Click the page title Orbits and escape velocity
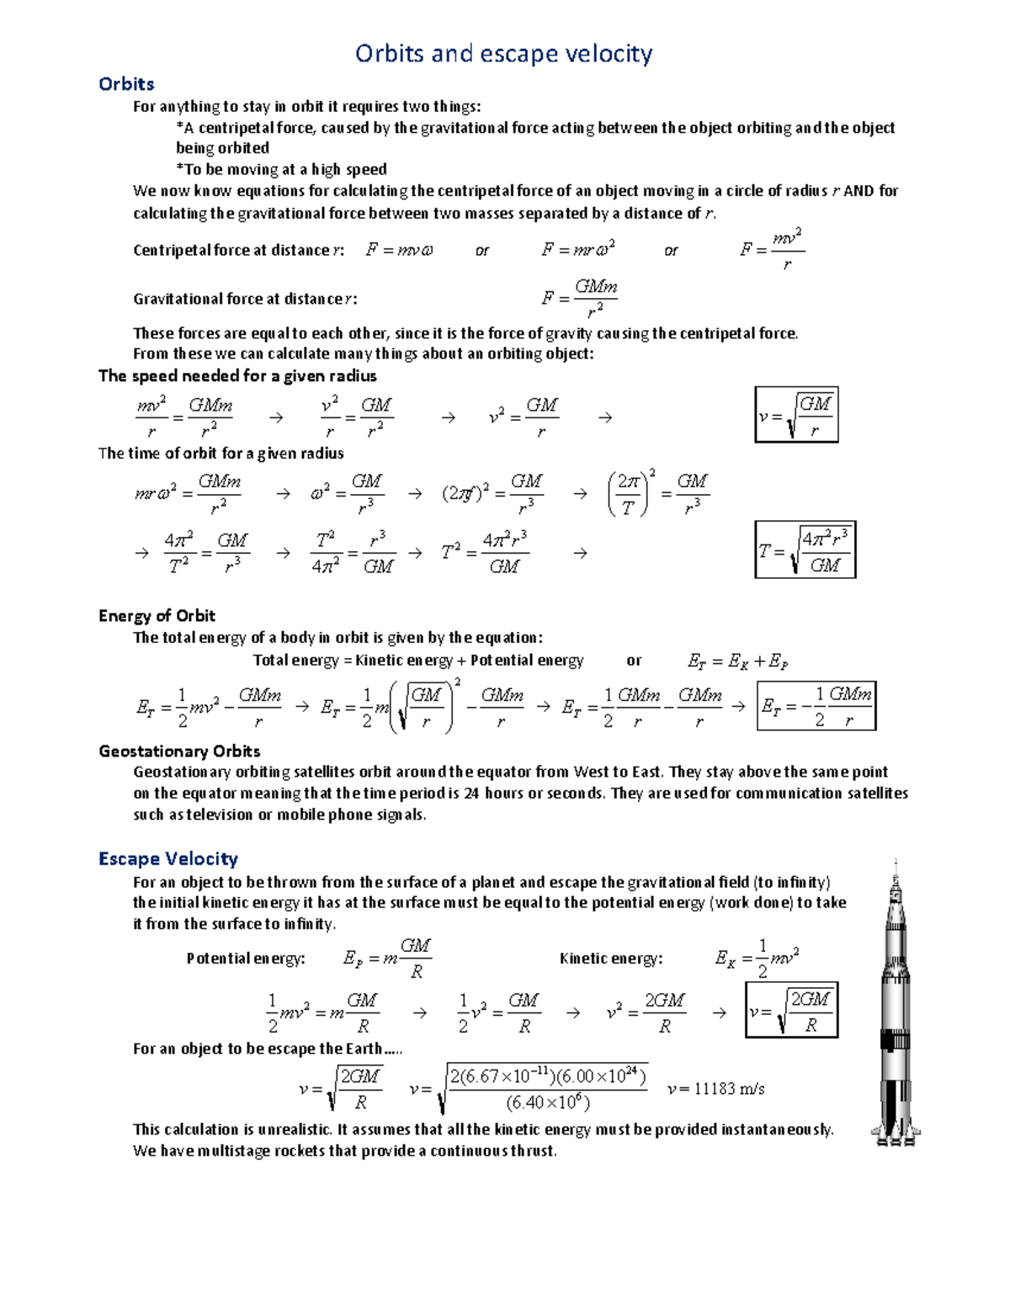pyautogui.click(x=503, y=54)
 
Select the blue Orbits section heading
pyautogui.click(x=126, y=84)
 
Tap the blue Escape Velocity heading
pyautogui.click(x=168, y=858)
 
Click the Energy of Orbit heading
pyautogui.click(x=157, y=615)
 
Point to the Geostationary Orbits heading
pyautogui.click(x=179, y=751)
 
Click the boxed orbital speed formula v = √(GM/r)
pyautogui.click(x=796, y=415)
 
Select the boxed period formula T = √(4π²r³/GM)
pyautogui.click(x=805, y=550)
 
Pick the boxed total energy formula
pyautogui.click(x=816, y=706)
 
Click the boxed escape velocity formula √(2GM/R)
pyautogui.click(x=791, y=1011)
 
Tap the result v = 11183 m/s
pyautogui.click(x=715, y=1089)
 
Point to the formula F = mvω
pyautogui.click(x=400, y=250)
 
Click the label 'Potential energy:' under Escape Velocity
pyautogui.click(x=246, y=959)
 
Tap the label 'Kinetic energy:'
pyautogui.click(x=611, y=959)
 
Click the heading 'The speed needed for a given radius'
pyautogui.click(x=237, y=375)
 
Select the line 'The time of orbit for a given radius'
pyautogui.click(x=221, y=453)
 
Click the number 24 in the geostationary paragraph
pyautogui.click(x=471, y=793)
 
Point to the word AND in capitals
pyautogui.click(x=858, y=191)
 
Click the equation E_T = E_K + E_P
pyautogui.click(x=737, y=661)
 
